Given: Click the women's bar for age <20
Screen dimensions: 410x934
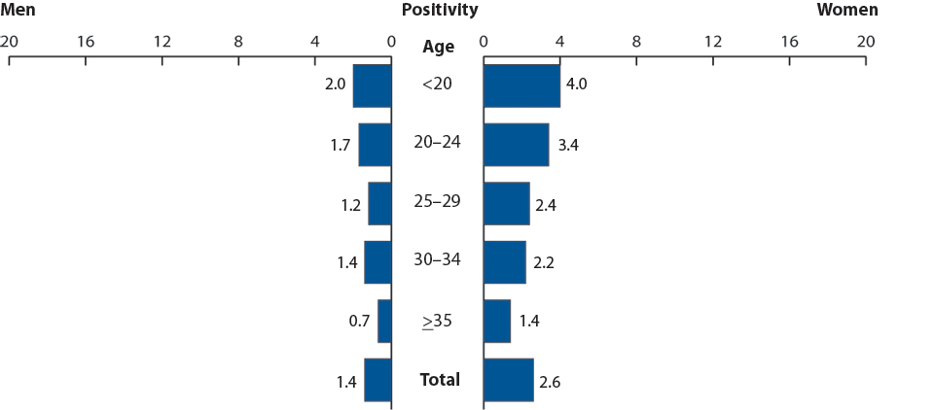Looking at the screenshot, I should tap(521, 85).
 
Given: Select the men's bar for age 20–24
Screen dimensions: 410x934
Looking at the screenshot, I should tap(375, 144).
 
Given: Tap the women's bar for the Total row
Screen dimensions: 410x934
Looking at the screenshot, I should tap(508, 380).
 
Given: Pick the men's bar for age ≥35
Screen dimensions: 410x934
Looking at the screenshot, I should tap(384, 321).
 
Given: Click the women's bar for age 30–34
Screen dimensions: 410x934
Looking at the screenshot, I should tap(504, 262).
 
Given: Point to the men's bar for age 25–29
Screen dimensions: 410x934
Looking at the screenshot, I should tap(379, 203).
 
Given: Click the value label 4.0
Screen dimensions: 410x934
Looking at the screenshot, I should tap(576, 85).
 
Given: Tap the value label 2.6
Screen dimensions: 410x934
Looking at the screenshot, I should tap(550, 381).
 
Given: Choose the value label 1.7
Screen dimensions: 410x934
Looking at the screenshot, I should tap(340, 145).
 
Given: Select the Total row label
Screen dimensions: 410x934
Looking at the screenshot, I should tap(440, 380).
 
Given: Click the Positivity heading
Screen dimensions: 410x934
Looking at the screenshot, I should tap(440, 11).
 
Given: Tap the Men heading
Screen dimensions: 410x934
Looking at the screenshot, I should tap(18, 11).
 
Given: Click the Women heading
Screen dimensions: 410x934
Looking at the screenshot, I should tap(846, 11).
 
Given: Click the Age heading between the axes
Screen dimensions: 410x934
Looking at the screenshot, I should tap(439, 47).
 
